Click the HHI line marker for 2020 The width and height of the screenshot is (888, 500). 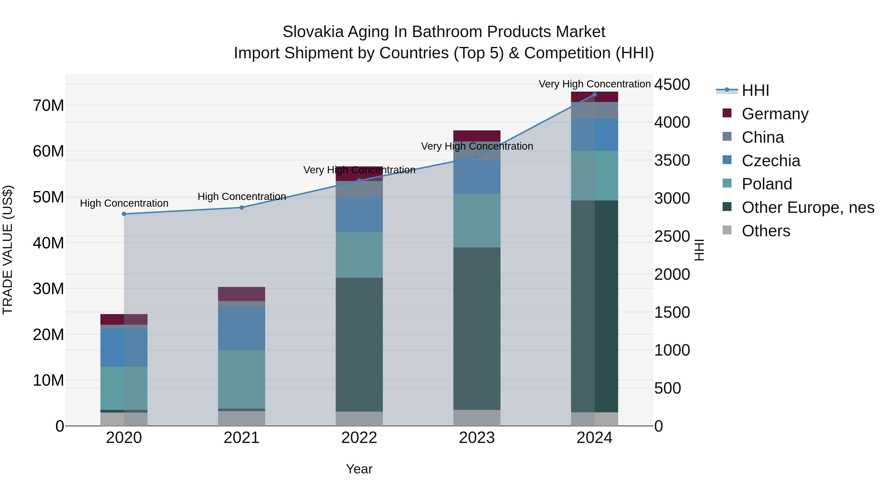pyautogui.click(x=124, y=214)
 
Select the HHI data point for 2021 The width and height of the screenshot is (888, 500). pyautogui.click(x=242, y=207)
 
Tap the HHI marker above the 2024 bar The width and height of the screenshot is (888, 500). pyautogui.click(x=594, y=95)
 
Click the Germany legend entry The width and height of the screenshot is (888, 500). pyautogui.click(x=775, y=114)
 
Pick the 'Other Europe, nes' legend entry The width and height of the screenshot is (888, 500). pyautogui.click(x=808, y=207)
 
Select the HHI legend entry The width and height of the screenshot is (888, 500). pyautogui.click(x=755, y=90)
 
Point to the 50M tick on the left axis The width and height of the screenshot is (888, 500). pyautogui.click(x=48, y=197)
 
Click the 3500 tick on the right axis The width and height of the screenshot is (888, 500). pyautogui.click(x=672, y=160)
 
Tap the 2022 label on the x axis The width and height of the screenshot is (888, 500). pyautogui.click(x=359, y=438)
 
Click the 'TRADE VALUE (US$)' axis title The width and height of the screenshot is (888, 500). pyautogui.click(x=8, y=250)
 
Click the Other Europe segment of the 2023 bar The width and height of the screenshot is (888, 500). pyautogui.click(x=477, y=328)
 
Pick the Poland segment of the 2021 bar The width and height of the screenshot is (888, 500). pyautogui.click(x=242, y=380)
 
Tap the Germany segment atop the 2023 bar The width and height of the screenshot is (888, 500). pyautogui.click(x=477, y=136)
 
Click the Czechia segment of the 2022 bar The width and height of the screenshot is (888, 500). pyautogui.click(x=359, y=215)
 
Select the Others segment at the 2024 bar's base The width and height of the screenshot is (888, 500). pyautogui.click(x=594, y=419)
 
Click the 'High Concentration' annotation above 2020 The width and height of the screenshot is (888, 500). pyautogui.click(x=124, y=203)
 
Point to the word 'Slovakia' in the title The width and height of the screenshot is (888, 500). pyautogui.click(x=313, y=32)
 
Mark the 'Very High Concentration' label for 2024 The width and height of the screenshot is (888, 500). pyautogui.click(x=594, y=84)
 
